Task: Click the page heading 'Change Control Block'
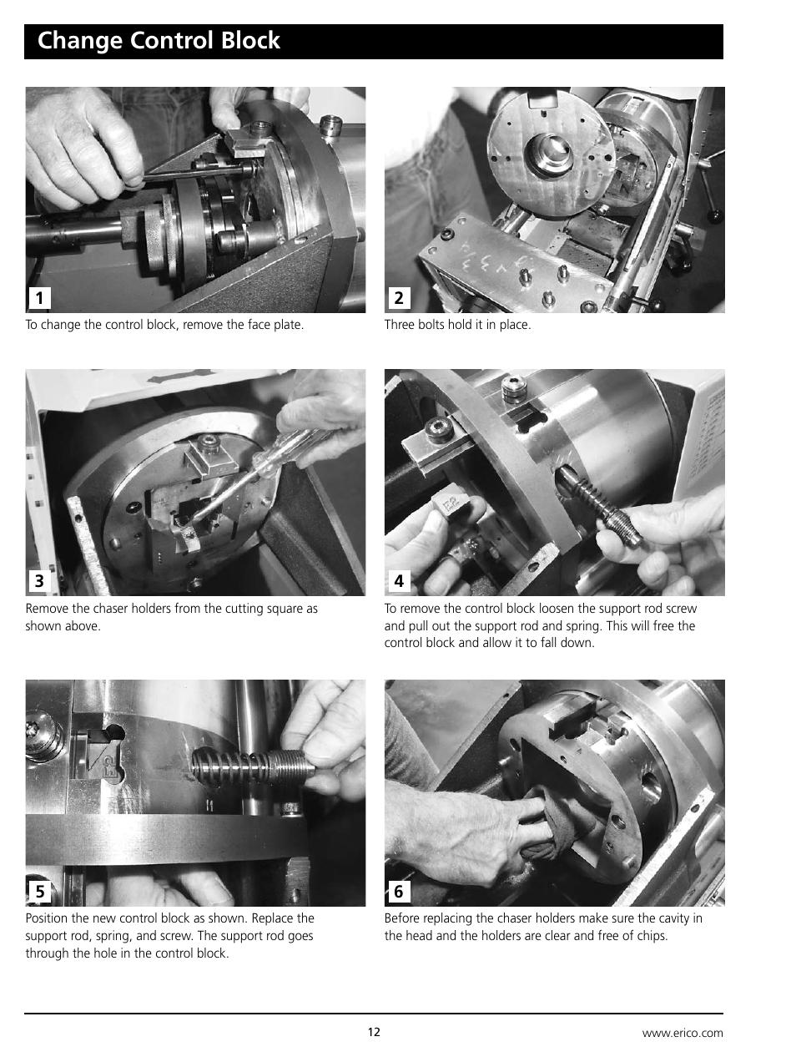[x=159, y=41]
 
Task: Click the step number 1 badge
[x=39, y=298]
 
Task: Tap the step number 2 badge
[x=398, y=298]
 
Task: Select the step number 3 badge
[x=39, y=581]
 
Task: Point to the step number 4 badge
[x=398, y=581]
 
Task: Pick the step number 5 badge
[x=39, y=892]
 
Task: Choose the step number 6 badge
[x=398, y=892]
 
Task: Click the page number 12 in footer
[x=374, y=1032]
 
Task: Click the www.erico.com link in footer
[x=682, y=1033]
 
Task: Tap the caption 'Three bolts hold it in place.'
[x=457, y=325]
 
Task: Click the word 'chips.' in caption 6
[x=651, y=936]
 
